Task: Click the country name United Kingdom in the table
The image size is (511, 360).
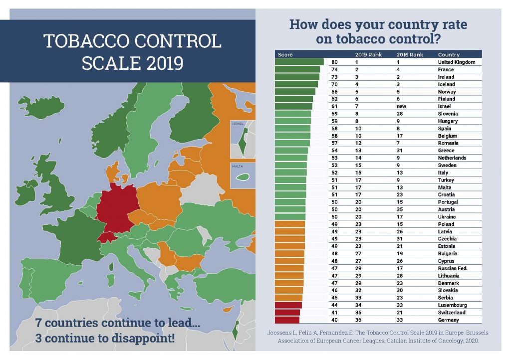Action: point(456,62)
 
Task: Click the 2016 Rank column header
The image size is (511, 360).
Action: point(410,54)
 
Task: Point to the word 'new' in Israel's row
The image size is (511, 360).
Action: point(401,106)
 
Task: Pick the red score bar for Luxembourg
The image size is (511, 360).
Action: point(288,305)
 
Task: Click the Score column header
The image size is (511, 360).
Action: point(285,54)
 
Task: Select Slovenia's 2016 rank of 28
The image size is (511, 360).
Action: point(400,114)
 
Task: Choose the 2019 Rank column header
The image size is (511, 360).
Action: point(368,54)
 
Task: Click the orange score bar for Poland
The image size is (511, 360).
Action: point(290,224)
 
